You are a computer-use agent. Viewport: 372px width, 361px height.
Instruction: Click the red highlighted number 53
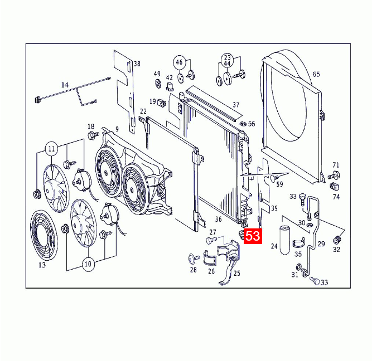tap(253, 236)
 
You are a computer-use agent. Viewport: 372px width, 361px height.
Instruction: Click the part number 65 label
tap(316, 74)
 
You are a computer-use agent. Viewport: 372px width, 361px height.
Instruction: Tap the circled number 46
tap(179, 62)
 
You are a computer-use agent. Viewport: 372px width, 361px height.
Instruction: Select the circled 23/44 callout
tap(227, 60)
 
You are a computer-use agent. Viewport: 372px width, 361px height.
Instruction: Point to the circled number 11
tap(51, 149)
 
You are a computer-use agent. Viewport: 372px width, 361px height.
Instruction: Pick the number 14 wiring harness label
tap(65, 85)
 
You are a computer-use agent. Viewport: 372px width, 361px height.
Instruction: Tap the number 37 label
tap(235, 105)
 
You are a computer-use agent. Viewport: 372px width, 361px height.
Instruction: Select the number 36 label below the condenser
tap(219, 219)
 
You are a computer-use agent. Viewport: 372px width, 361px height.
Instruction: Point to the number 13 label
tap(42, 265)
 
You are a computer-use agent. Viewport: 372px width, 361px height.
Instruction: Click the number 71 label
tap(336, 165)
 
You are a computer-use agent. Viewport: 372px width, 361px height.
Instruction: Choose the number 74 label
tap(336, 197)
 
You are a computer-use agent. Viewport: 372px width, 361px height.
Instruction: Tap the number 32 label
tap(336, 250)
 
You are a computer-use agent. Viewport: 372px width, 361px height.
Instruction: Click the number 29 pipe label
tap(321, 244)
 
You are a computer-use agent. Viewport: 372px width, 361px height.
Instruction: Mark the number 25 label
tap(236, 273)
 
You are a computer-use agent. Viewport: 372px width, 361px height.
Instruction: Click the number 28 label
tap(194, 270)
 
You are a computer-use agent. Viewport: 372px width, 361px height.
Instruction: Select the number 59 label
tap(279, 184)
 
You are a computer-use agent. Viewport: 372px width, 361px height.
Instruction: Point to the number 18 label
tap(91, 126)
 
